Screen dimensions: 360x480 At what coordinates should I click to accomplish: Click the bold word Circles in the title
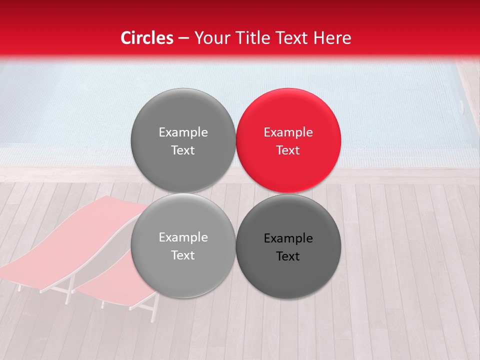146,38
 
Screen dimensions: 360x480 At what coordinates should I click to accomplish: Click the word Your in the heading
211,38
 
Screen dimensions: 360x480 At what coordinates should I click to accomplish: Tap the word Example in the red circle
288,132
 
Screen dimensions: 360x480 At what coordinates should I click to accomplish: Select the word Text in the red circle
288,150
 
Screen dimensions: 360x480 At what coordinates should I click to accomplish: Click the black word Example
288,238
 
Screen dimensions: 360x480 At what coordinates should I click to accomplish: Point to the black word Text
288,256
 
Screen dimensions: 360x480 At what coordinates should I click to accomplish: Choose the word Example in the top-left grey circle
183,132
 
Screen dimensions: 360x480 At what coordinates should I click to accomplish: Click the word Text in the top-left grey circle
183,150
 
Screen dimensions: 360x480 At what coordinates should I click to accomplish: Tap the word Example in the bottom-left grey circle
183,237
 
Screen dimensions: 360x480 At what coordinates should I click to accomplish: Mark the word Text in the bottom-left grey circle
183,255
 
